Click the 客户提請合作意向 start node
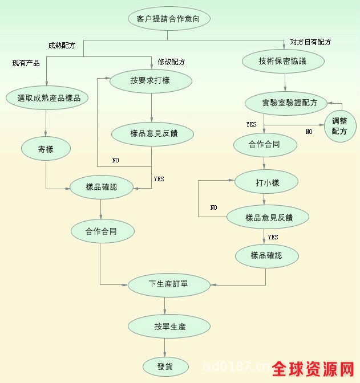[169, 18]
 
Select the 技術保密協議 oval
[282, 60]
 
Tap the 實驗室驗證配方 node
[286, 103]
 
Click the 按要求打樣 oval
[150, 80]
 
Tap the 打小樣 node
[267, 182]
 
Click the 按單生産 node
[169, 327]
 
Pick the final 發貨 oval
[165, 365]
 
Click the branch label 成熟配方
[62, 46]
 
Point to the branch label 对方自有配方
[310, 42]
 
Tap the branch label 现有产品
[26, 63]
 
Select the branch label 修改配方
[172, 62]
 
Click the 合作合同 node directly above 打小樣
[265, 145]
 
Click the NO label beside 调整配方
[309, 132]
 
